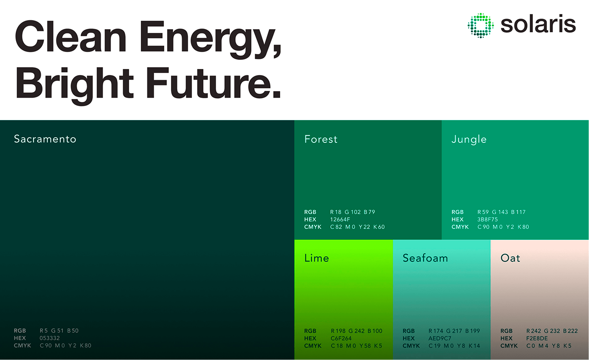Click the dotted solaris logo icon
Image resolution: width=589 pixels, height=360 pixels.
click(481, 26)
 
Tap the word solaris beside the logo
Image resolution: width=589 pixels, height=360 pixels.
click(538, 24)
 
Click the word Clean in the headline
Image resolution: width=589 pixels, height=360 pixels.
click(71, 37)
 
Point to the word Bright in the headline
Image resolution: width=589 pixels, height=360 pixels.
click(75, 86)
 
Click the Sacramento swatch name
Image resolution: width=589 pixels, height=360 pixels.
click(45, 139)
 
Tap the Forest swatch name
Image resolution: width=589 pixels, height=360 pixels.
click(321, 139)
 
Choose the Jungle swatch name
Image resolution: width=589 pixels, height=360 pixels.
click(469, 140)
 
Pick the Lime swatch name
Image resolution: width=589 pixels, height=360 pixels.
click(317, 258)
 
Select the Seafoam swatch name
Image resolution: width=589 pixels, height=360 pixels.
click(425, 258)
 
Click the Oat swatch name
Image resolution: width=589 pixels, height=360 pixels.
click(510, 258)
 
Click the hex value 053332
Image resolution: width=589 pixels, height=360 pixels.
click(50, 338)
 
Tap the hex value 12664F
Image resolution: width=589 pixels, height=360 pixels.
click(340, 219)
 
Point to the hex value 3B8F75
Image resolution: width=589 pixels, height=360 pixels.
click(487, 219)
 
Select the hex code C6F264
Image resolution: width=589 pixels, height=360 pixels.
click(341, 338)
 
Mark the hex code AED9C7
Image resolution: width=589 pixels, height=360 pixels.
click(440, 338)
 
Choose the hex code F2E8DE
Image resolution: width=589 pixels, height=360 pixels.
click(537, 338)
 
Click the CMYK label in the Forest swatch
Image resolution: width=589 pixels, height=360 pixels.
click(312, 227)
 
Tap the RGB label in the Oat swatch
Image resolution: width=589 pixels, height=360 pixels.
click(506, 331)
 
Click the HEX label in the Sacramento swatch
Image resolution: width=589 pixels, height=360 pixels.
click(20, 338)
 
